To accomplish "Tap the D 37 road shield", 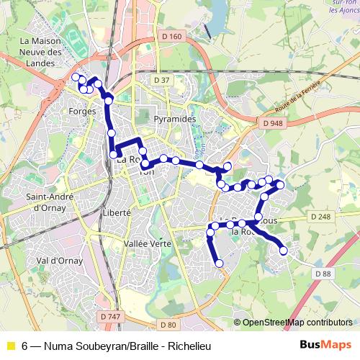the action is coord(162,80).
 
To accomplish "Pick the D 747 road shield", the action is coord(111,316).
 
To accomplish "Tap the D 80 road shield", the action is coord(168,325).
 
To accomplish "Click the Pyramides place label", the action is coord(175,117).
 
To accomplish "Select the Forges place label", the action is coord(82,112).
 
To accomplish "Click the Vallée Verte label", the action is coord(147,244).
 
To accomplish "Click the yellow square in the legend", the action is coord(10,345).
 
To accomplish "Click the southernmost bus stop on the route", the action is coord(220,264).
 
